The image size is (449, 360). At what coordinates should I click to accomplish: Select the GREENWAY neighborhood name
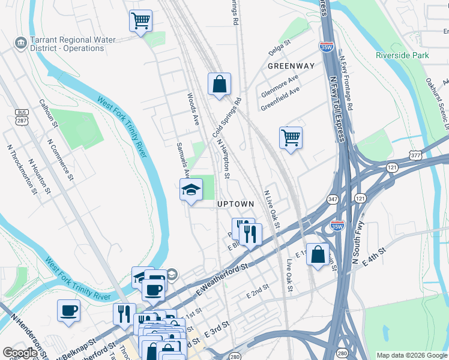coord(291,65)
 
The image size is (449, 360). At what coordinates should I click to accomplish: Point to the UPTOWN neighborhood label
coord(235,204)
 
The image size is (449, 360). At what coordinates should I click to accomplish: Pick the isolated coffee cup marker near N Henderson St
coord(68,311)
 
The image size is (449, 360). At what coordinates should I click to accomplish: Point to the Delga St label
coord(279,44)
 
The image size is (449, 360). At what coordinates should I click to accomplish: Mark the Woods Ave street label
coord(192,108)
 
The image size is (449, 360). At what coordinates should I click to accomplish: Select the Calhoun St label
coord(48,113)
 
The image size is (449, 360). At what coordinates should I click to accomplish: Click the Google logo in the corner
coord(20,353)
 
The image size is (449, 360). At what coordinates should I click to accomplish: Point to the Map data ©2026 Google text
coord(411,355)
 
